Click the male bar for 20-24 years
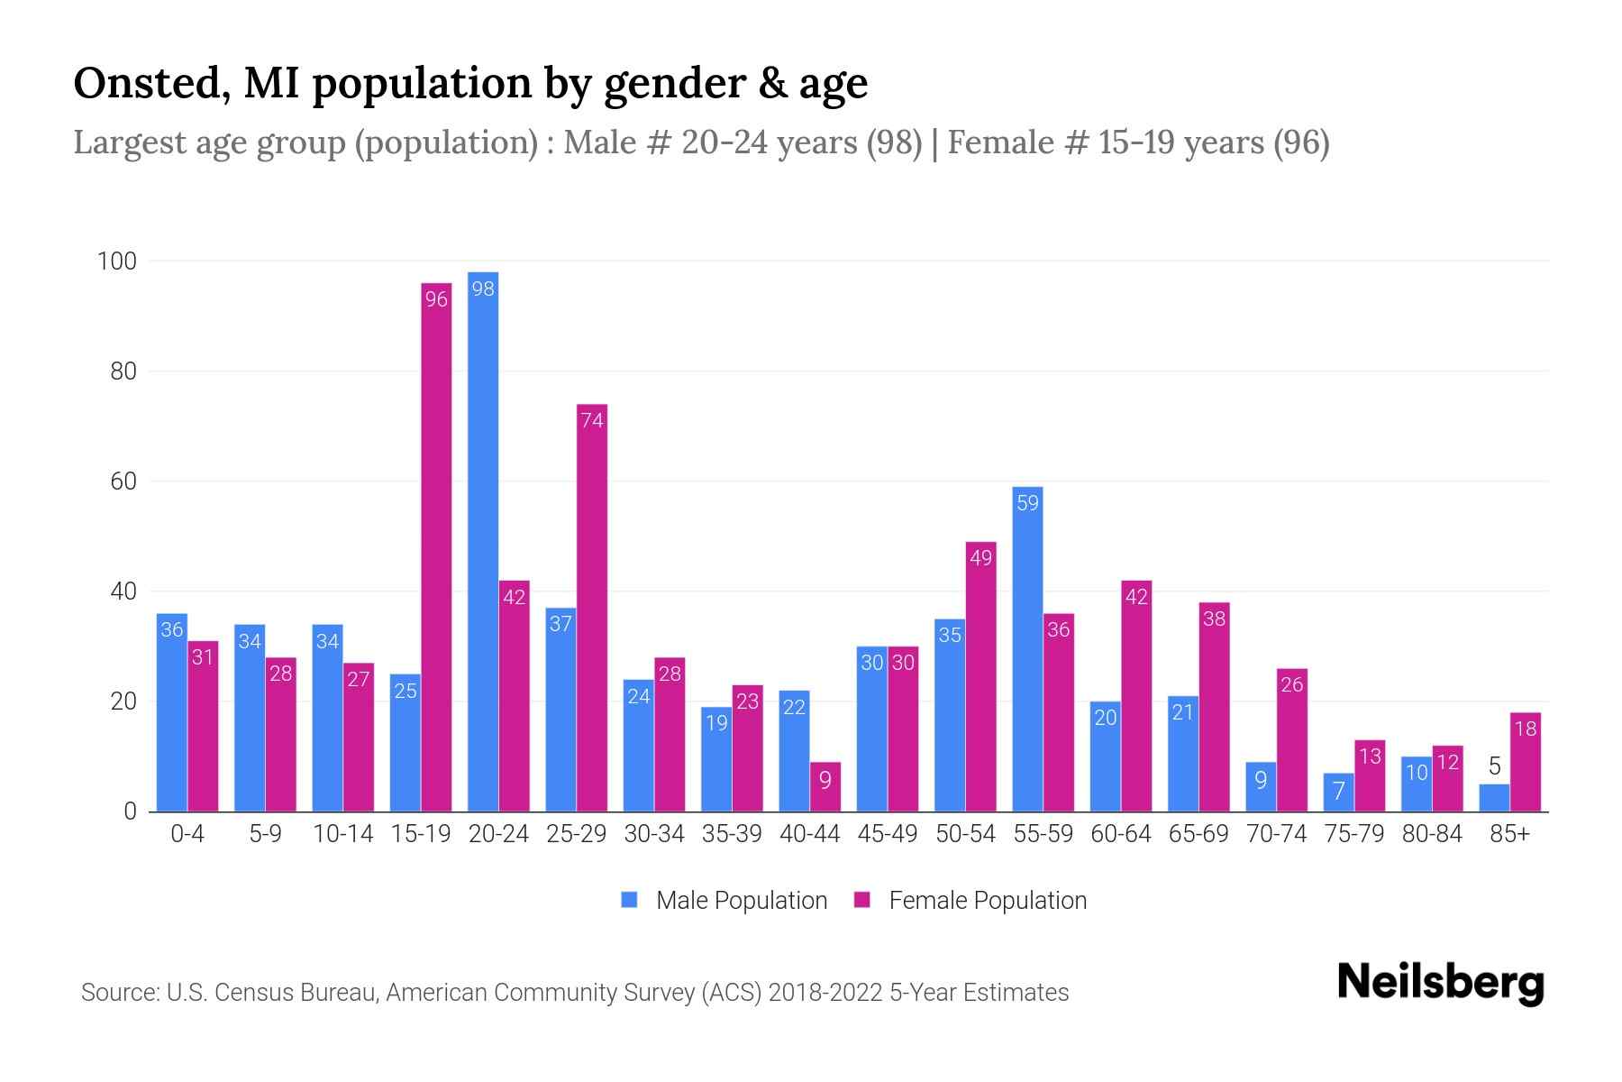pos(483,541)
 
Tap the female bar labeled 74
pos(592,608)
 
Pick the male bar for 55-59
pos(1027,649)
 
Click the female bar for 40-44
pos(825,787)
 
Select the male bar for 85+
pos(1494,798)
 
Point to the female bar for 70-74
pos(1292,739)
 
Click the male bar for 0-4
pos(172,712)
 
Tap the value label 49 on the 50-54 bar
pos(980,558)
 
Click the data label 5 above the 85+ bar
pos(1494,767)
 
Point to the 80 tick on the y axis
pos(123,371)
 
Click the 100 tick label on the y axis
pos(117,261)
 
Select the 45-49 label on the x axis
pos(888,834)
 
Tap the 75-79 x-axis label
pos(1353,834)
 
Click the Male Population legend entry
pos(724,901)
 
